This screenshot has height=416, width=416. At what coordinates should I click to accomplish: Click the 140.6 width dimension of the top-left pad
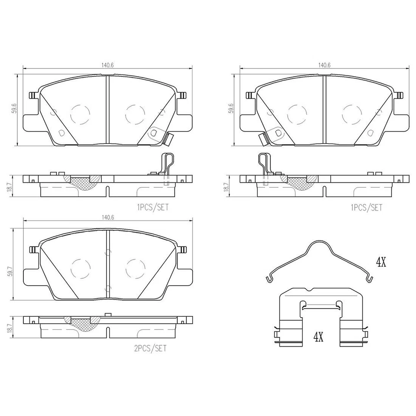click(107, 65)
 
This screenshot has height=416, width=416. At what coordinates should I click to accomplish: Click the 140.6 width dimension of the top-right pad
click(324, 65)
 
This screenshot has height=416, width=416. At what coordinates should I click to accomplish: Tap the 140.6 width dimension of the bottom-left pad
click(107, 217)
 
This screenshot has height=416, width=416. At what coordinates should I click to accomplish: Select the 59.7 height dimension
click(10, 265)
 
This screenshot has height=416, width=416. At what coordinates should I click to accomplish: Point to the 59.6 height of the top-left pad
click(15, 108)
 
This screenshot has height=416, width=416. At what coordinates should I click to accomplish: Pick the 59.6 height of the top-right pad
click(231, 108)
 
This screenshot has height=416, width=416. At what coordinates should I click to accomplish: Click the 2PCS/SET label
click(150, 348)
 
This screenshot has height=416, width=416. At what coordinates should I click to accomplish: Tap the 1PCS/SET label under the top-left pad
click(153, 207)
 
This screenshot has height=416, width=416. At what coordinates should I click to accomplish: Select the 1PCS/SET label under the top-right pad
click(367, 207)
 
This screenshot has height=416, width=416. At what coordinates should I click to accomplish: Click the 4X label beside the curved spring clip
click(381, 263)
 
